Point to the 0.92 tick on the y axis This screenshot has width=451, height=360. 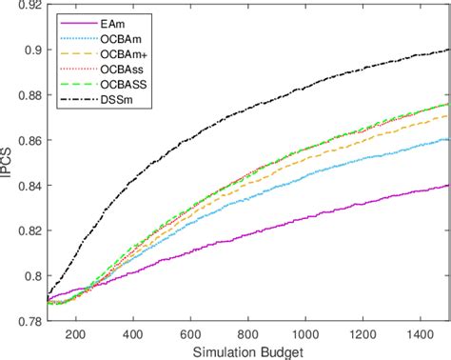coord(27,6)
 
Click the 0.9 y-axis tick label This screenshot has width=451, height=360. coord(30,50)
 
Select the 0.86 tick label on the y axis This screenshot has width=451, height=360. coord(27,141)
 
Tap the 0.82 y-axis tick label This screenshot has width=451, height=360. coord(27,231)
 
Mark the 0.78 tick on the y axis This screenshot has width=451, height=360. coord(27,321)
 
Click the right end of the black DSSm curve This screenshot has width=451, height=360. coord(448,50)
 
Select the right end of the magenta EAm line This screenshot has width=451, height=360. coord(448,186)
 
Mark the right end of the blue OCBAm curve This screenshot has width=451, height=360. coord(448,139)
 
